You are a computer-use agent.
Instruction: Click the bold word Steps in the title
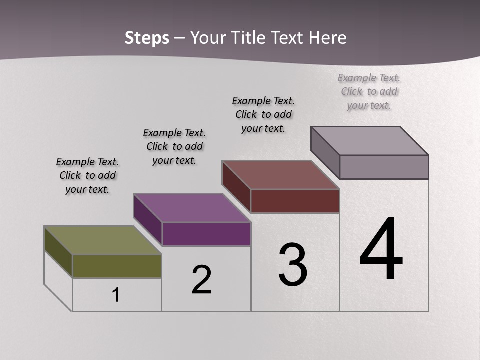click(147, 38)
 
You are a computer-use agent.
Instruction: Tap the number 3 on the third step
click(293, 265)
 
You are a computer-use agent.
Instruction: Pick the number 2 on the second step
click(202, 280)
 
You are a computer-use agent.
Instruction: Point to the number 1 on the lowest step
click(116, 295)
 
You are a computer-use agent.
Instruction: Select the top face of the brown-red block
click(280, 175)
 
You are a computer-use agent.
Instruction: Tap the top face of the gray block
click(369, 141)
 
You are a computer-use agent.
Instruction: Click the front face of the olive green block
click(117, 266)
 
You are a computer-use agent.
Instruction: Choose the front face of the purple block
click(206, 234)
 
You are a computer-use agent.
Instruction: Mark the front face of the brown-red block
click(295, 201)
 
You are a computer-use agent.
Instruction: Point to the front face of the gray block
click(384, 167)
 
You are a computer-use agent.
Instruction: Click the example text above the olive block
click(87, 176)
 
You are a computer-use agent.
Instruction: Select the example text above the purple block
click(174, 146)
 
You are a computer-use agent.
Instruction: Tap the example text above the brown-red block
click(263, 114)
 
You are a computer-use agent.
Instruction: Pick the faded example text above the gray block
click(369, 91)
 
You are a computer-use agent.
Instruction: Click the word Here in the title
click(328, 38)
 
